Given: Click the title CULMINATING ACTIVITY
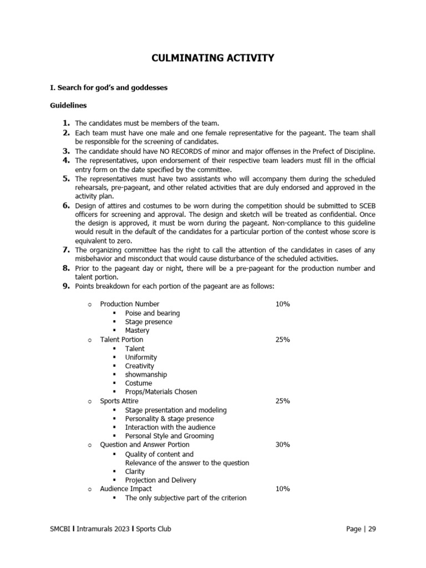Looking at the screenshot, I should click(x=213, y=58).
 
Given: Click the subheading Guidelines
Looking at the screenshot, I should click(x=68, y=105).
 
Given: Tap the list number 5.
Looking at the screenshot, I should click(x=65, y=179).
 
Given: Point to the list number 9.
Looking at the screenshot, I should click(x=65, y=286).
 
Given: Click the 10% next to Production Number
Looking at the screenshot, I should click(x=282, y=304).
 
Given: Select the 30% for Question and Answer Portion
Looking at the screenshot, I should click(x=282, y=445).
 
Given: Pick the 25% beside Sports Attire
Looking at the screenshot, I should click(x=282, y=401).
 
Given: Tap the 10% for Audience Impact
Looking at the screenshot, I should click(x=282, y=489).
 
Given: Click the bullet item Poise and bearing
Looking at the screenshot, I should click(x=152, y=313).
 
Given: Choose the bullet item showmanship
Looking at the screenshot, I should click(x=146, y=374).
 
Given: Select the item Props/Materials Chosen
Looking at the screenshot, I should click(x=161, y=392).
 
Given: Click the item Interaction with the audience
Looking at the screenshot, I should click(x=170, y=427).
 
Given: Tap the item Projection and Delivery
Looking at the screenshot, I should click(x=160, y=480).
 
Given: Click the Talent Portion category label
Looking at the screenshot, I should click(x=121, y=339).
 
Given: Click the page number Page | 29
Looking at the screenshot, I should click(x=361, y=529).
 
